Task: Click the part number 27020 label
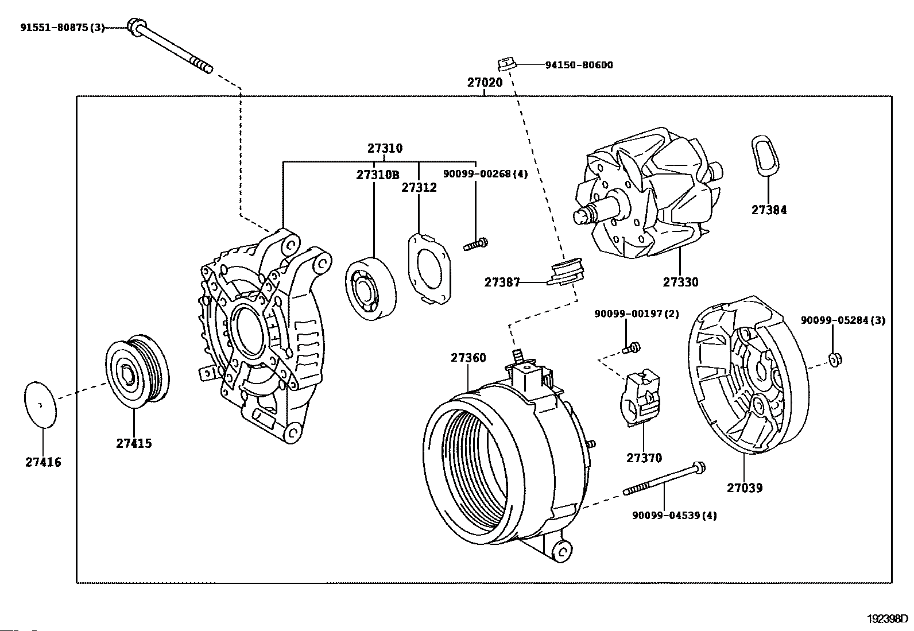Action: (x=485, y=83)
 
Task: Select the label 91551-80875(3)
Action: (x=63, y=28)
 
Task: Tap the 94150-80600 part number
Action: (x=579, y=65)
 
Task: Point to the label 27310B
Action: (x=378, y=175)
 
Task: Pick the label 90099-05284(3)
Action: (x=843, y=320)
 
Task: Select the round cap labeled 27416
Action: (x=41, y=404)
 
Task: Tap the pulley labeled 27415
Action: (x=138, y=371)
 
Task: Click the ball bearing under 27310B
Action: (x=370, y=289)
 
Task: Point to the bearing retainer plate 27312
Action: (x=429, y=269)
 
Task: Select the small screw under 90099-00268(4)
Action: (x=476, y=244)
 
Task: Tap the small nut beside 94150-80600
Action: (x=506, y=64)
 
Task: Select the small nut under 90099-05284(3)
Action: (x=835, y=360)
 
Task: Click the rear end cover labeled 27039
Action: (x=748, y=375)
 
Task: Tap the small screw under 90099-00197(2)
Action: (x=631, y=348)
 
